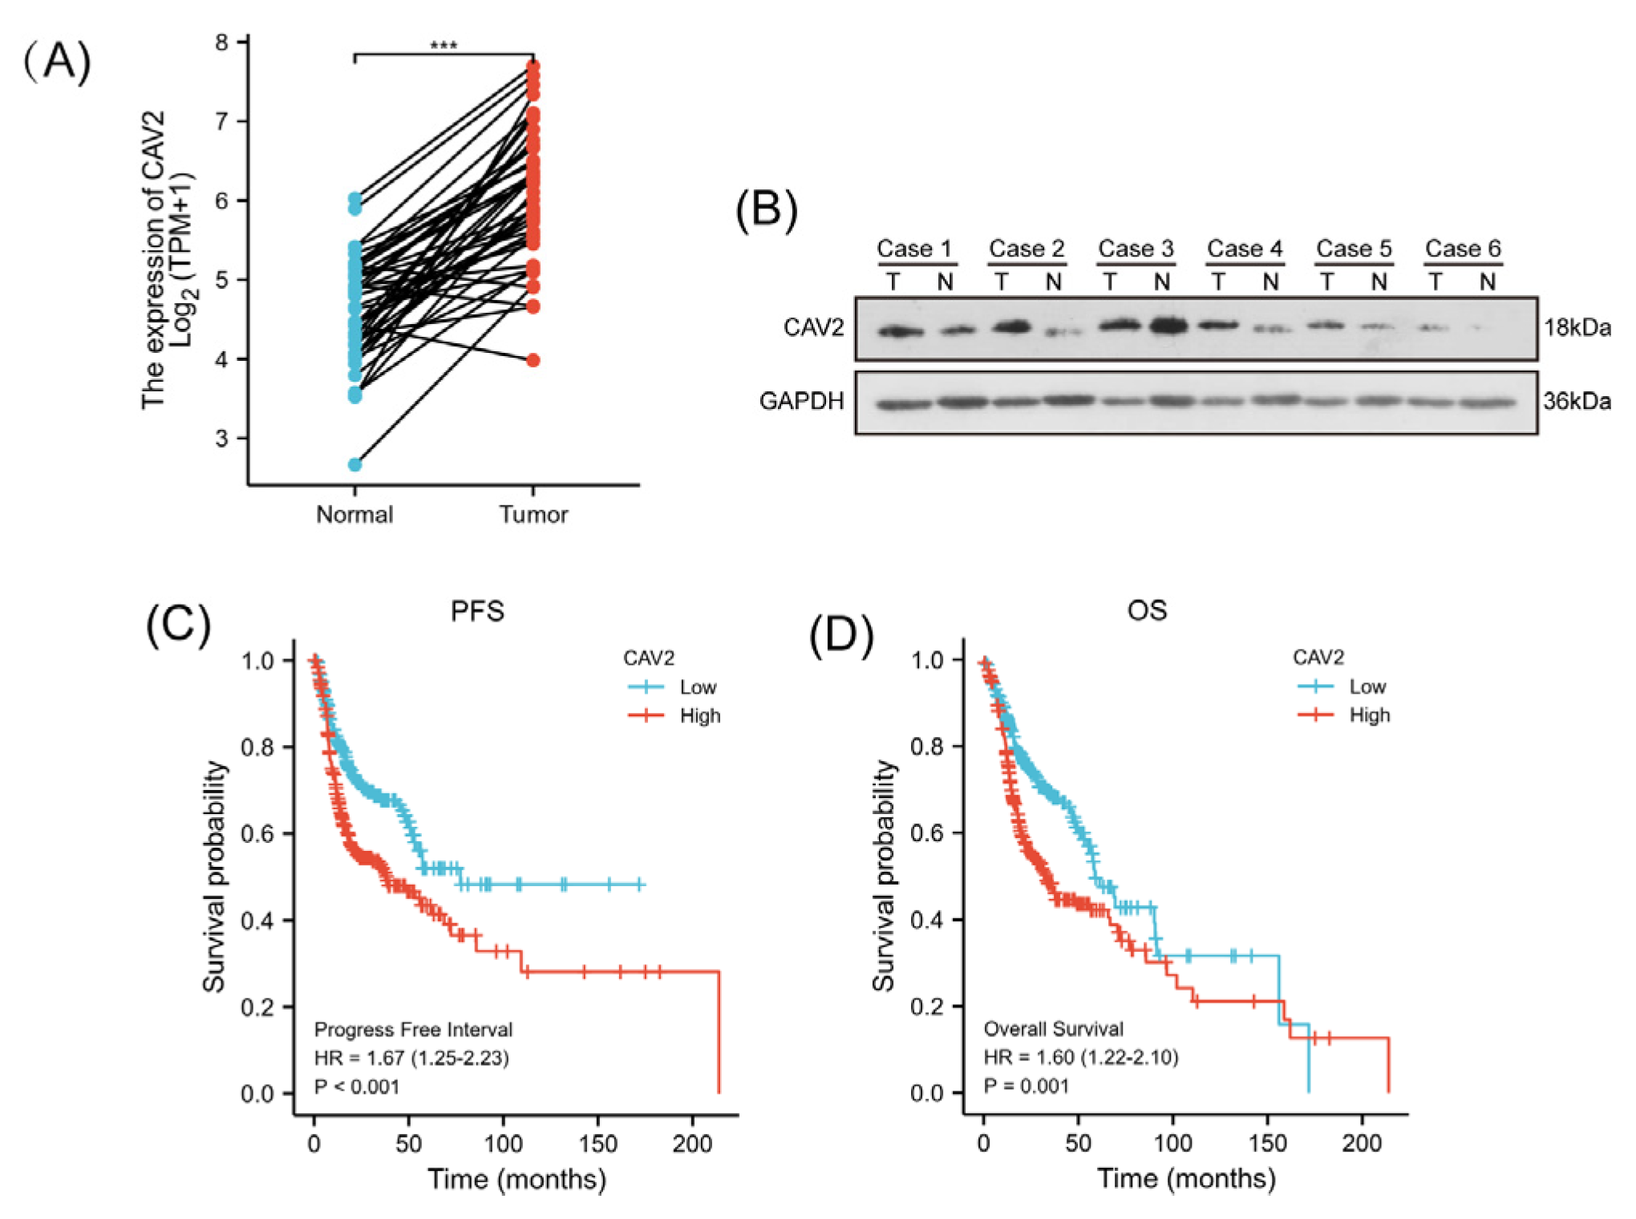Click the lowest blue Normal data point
354,464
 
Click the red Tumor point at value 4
533,360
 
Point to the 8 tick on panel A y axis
221,42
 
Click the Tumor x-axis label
533,514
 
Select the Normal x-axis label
354,514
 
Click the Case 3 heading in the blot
1136,249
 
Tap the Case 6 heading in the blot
1463,249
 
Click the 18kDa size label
1577,327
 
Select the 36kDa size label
1577,401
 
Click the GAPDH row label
801,401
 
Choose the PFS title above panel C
477,611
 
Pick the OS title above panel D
1147,610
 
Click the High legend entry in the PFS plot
699,715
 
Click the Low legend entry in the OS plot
1367,686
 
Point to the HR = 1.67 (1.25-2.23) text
411,1058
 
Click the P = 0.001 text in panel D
1027,1086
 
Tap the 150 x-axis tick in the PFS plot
598,1144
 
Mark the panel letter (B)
767,210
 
